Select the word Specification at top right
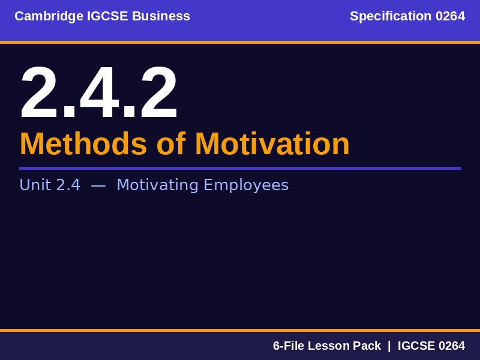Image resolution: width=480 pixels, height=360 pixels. (x=391, y=16)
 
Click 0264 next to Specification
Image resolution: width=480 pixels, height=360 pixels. (x=450, y=16)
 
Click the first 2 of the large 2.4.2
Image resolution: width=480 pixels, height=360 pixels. (x=40, y=94)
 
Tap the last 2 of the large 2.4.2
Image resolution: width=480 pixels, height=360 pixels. (x=158, y=94)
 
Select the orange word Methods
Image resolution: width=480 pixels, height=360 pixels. (x=83, y=144)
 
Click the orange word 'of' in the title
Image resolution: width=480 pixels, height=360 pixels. (x=170, y=144)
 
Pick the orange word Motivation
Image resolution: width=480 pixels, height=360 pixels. (x=272, y=144)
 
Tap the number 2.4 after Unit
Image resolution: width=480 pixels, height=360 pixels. (x=68, y=185)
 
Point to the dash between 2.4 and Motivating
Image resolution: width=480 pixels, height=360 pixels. (x=98, y=185)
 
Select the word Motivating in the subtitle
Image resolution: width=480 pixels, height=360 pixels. (x=157, y=185)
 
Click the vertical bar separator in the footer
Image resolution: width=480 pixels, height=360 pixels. (x=389, y=346)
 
